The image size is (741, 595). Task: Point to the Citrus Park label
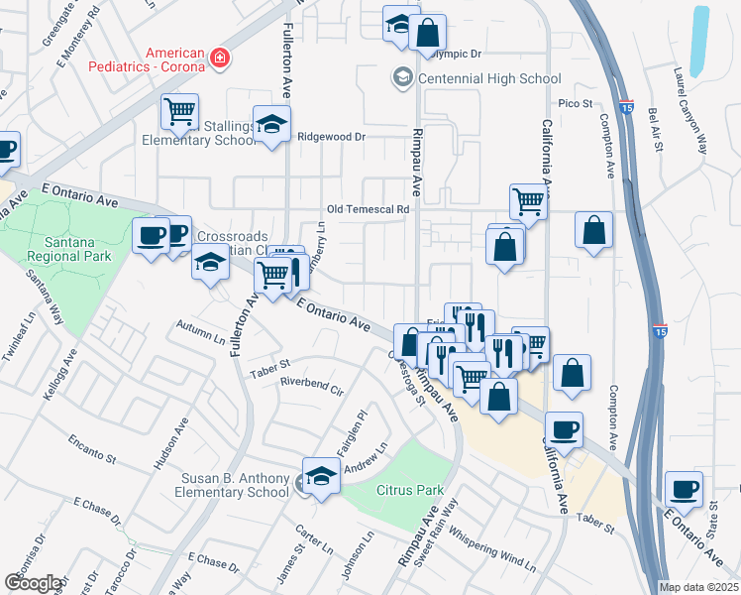click(410, 490)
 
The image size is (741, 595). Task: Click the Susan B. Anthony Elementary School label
click(234, 485)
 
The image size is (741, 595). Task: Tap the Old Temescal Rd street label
click(369, 210)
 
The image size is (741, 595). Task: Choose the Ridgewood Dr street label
click(332, 137)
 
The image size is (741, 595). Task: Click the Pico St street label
click(575, 103)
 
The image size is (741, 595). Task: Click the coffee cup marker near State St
click(685, 487)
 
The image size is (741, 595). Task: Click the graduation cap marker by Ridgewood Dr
click(269, 124)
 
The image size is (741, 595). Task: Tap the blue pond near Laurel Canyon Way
click(699, 40)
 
